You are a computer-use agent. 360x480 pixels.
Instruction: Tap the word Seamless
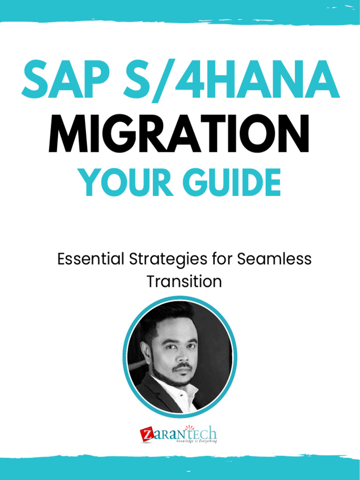coord(274,259)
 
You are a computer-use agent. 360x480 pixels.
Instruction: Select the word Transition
coord(184,281)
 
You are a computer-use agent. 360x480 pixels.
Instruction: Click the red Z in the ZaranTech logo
coord(146,435)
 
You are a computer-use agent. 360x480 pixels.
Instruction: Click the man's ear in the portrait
coord(147,354)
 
